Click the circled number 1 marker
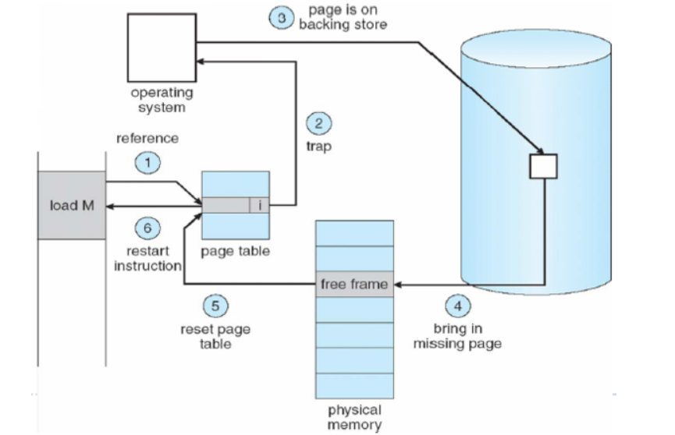pos(147,162)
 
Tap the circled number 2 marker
pos(318,123)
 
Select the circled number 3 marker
pos(281,18)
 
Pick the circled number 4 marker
pos(458,306)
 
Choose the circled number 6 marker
pos(147,228)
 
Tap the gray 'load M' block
pos(71,205)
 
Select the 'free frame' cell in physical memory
pos(354,285)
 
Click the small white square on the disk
pos(542,166)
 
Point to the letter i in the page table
pos(259,206)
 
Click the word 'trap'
pos(317,146)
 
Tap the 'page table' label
pos(235,251)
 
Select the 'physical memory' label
pos(354,416)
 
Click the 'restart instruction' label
pos(147,258)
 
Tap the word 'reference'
pos(147,139)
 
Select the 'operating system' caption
pos(162,100)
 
